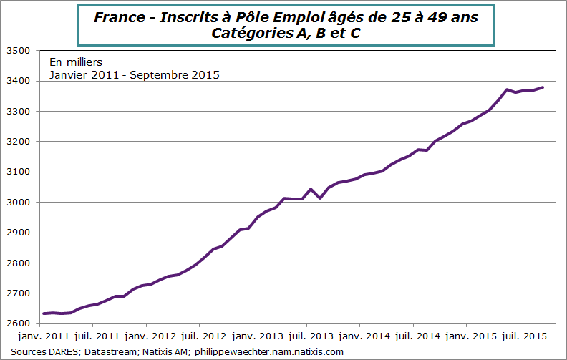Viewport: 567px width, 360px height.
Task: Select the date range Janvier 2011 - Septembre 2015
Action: tap(134, 75)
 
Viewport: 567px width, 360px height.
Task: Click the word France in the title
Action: tap(115, 17)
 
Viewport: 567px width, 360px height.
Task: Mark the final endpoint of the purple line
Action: tap(543, 87)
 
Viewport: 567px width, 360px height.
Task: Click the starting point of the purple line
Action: tap(44, 313)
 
